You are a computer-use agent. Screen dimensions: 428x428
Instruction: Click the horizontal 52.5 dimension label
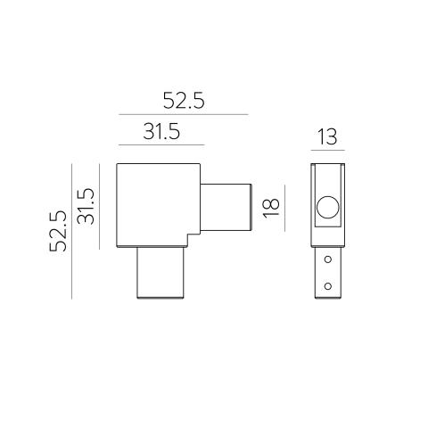pos(184,101)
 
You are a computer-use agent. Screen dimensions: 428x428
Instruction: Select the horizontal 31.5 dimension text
pos(161,131)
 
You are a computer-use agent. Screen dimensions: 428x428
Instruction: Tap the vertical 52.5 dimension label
pos(58,231)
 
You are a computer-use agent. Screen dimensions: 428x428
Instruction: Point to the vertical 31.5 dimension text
pos(86,206)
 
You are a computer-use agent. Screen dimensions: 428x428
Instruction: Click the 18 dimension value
pos(272,208)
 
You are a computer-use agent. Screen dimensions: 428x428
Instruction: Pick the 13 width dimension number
pos(327,136)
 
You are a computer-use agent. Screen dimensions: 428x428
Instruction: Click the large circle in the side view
pos(327,208)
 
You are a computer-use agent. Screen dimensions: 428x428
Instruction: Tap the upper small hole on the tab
pos(328,259)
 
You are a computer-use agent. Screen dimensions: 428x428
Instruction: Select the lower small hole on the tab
pos(328,286)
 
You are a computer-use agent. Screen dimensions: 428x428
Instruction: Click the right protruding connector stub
pos(226,207)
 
